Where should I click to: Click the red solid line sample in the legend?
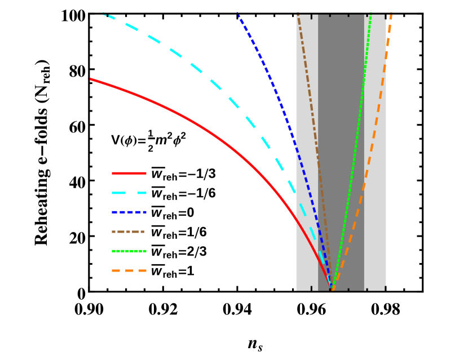pyautogui.click(x=129, y=173)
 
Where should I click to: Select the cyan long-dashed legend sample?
pyautogui.click(x=129, y=193)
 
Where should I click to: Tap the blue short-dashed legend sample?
pyautogui.click(x=129, y=212)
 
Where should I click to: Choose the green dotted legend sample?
pyautogui.click(x=129, y=251)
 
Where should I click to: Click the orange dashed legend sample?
pyautogui.click(x=129, y=270)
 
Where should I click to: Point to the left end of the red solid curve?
pyautogui.click(x=91, y=79)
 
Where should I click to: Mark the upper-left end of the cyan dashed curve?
pyautogui.click(x=104, y=14)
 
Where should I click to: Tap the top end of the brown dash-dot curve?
pyautogui.click(x=298, y=14)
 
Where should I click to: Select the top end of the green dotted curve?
pyautogui.click(x=370, y=14)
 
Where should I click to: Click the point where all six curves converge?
pyautogui.click(x=332, y=288)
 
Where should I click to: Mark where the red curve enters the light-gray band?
pyautogui.click(x=296, y=217)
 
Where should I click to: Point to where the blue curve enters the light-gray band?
pyautogui.click(x=296, y=148)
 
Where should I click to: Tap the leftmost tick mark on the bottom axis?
pyautogui.click(x=311, y=288)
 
